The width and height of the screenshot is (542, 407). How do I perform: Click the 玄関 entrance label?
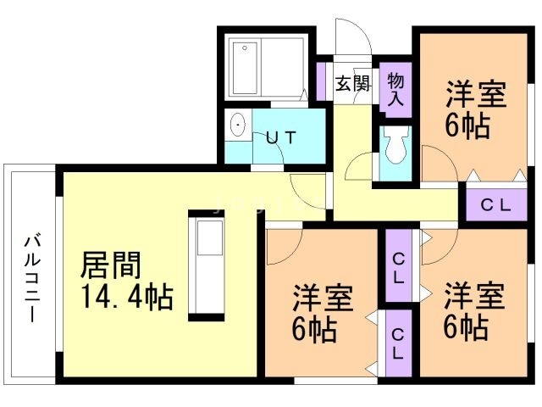point(352,83)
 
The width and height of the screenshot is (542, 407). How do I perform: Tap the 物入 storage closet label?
point(395,88)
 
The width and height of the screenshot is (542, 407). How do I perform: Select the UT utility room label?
point(280,138)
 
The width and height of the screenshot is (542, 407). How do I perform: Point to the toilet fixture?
point(395,151)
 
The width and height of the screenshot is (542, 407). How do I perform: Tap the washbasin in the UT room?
point(239,127)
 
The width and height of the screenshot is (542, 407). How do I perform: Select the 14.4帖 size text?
point(127,298)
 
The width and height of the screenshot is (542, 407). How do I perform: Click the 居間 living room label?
point(109,265)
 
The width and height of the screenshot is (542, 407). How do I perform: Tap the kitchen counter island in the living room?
point(207,264)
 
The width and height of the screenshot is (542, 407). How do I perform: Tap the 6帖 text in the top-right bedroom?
point(466,128)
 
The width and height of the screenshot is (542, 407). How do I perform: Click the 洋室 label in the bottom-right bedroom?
point(474,297)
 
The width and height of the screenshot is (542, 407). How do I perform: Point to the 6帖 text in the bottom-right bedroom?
point(465,327)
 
